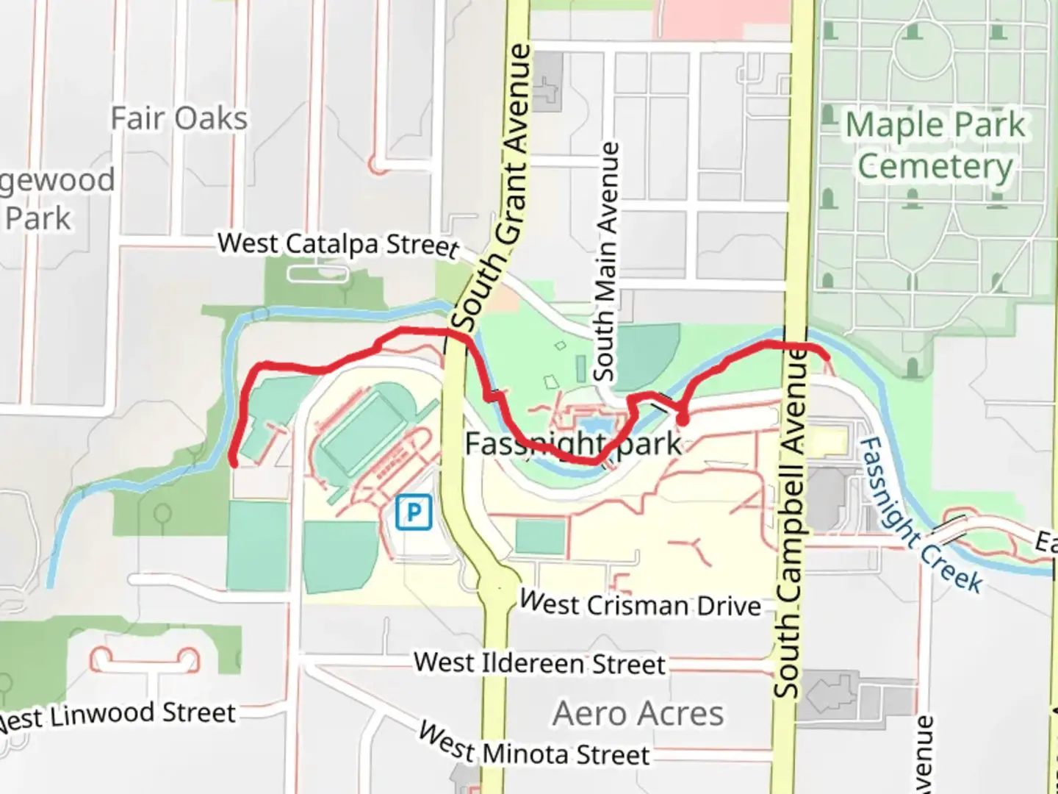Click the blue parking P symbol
[414, 512]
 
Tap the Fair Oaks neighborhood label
[179, 118]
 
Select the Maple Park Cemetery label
[935, 145]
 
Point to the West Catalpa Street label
[338, 244]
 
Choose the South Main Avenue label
[606, 262]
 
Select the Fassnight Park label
[573, 443]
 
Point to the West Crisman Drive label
[640, 604]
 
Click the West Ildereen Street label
[539, 663]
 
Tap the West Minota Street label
[534, 745]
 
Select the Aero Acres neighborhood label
[638, 713]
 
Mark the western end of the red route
[234, 463]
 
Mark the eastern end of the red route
[828, 357]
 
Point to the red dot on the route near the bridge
[683, 421]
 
